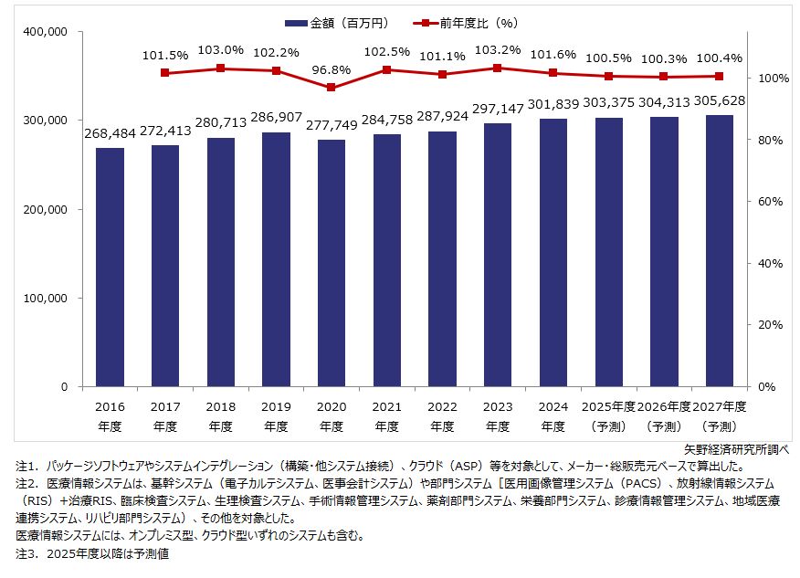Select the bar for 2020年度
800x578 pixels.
(332, 263)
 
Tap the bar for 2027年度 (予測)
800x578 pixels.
(720, 250)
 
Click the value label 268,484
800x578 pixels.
(110, 133)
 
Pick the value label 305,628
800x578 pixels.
(720, 100)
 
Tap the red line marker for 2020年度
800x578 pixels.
(332, 88)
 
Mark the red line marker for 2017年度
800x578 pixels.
(164, 72)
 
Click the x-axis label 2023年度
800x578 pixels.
(498, 415)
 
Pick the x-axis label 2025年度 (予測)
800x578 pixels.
(608, 415)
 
